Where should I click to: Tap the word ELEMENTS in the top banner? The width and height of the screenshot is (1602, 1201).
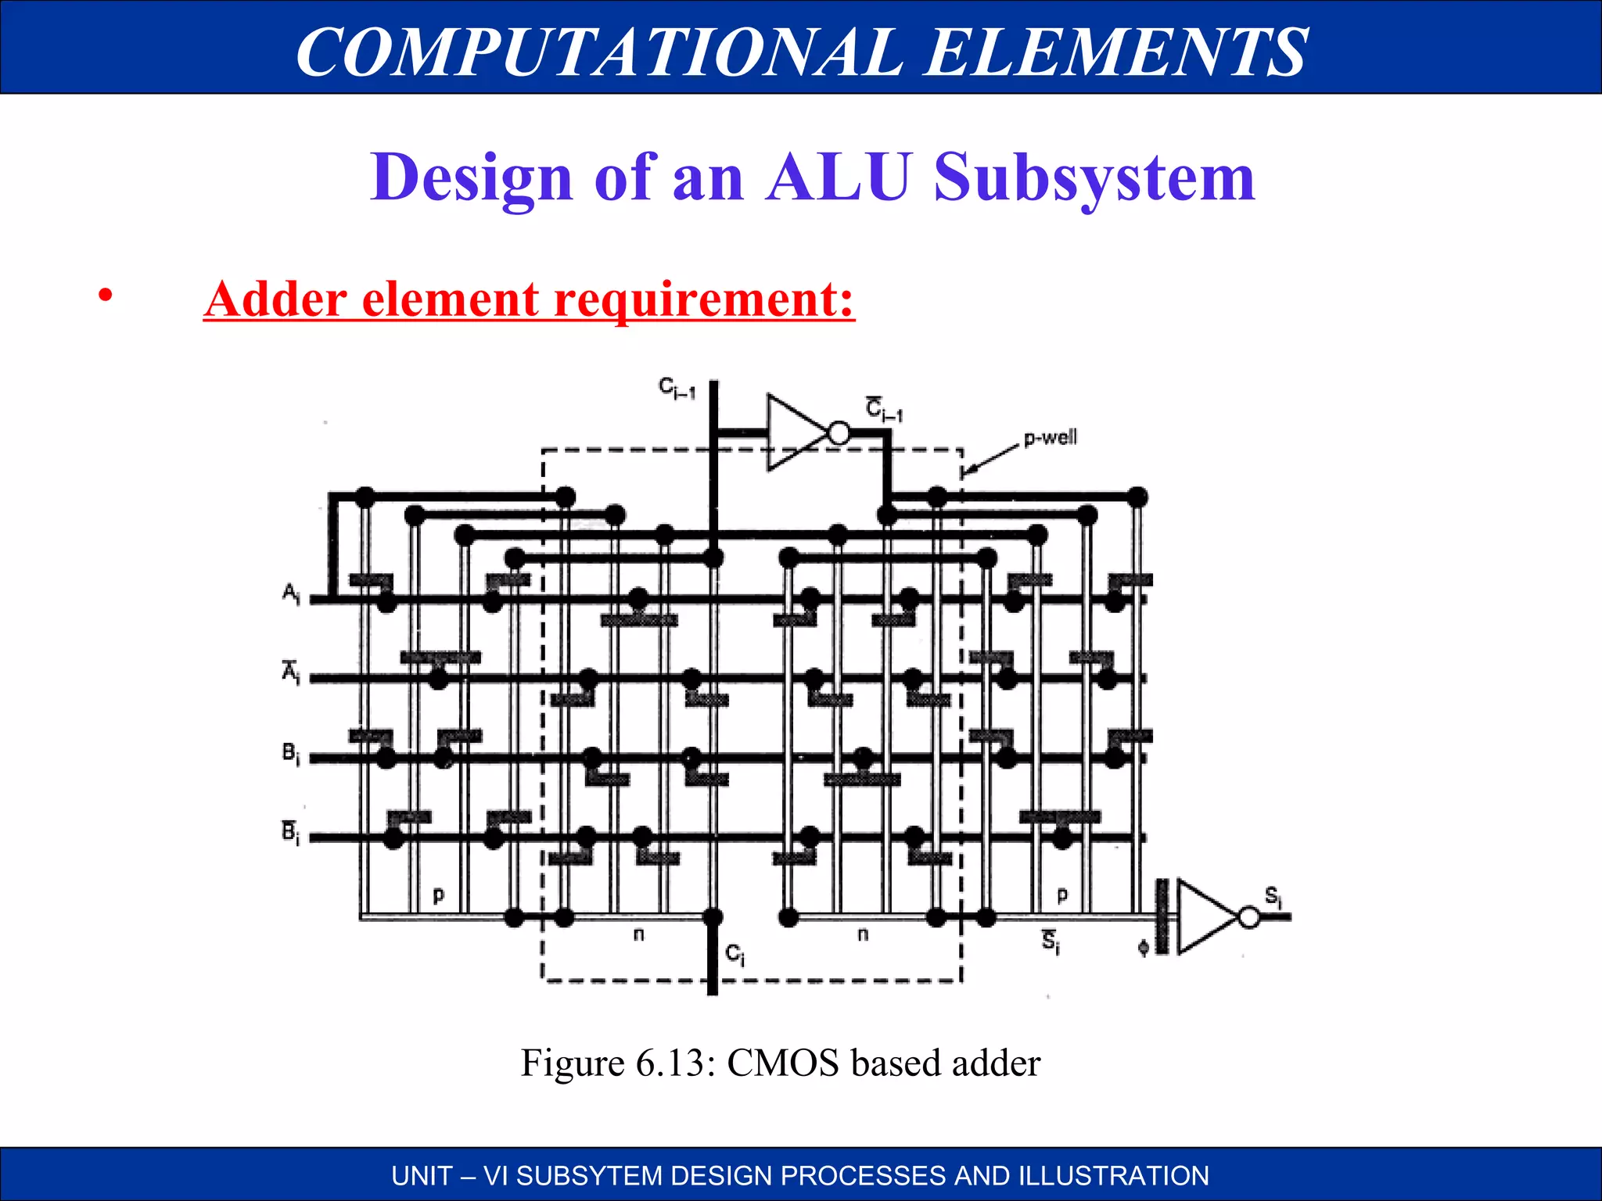tap(1115, 52)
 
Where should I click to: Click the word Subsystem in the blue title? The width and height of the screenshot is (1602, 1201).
tap(1094, 178)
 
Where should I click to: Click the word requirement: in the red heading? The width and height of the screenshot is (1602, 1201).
tap(704, 299)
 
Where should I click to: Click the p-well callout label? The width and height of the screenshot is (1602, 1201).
tap(1051, 437)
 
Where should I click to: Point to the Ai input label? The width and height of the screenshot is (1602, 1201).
tap(290, 594)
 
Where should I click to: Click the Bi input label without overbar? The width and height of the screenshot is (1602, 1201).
tap(290, 754)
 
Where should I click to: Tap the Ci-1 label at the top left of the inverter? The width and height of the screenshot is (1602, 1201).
tap(677, 389)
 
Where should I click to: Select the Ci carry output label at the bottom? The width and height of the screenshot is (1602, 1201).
tap(735, 954)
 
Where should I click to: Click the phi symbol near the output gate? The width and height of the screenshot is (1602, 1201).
tap(1143, 948)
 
